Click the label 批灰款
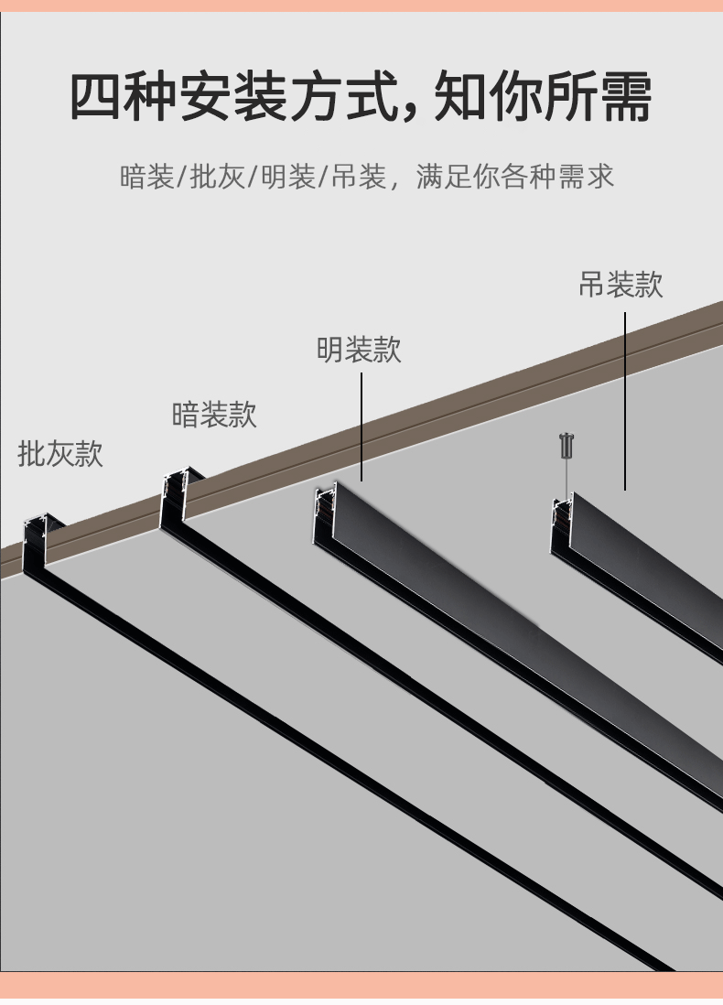pyautogui.click(x=60, y=454)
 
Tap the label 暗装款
pyautogui.click(x=214, y=414)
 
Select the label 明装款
pyautogui.click(x=359, y=350)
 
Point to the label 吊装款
pyautogui.click(x=620, y=284)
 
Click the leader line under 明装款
pyautogui.click(x=361, y=427)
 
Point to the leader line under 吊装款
pyautogui.click(x=626, y=401)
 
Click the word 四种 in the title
pyautogui.click(x=123, y=97)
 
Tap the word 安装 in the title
pyautogui.click(x=232, y=97)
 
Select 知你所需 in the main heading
pyautogui.click(x=543, y=97)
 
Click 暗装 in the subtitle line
pyautogui.click(x=146, y=177)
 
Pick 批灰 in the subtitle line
pyautogui.click(x=218, y=177)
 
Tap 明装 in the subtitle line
pyautogui.click(x=288, y=177)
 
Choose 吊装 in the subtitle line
pyautogui.click(x=359, y=177)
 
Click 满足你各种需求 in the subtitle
pyautogui.click(x=515, y=177)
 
